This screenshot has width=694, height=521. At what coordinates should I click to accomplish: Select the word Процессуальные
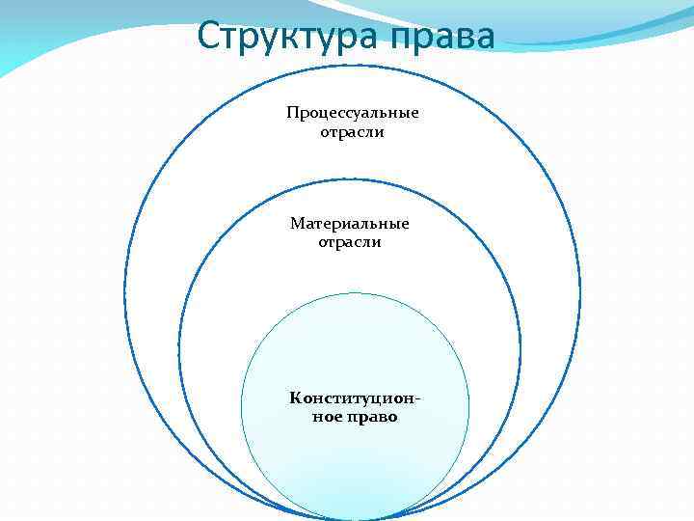click(x=352, y=113)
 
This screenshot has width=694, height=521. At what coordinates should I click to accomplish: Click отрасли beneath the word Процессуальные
click(x=352, y=131)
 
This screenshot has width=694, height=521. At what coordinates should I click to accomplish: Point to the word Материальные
click(x=350, y=224)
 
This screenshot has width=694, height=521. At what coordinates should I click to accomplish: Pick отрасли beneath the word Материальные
click(x=350, y=242)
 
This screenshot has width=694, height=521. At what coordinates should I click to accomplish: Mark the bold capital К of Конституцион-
click(x=294, y=398)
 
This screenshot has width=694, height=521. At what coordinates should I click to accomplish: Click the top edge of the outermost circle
click(x=352, y=65)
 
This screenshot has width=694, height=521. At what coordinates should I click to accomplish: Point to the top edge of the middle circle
click(x=350, y=179)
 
